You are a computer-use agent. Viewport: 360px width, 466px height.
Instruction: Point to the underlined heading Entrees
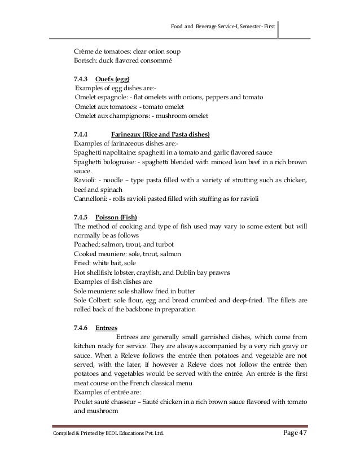[x=106, y=327]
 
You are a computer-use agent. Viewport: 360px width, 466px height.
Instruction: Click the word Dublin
[x=202, y=271]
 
